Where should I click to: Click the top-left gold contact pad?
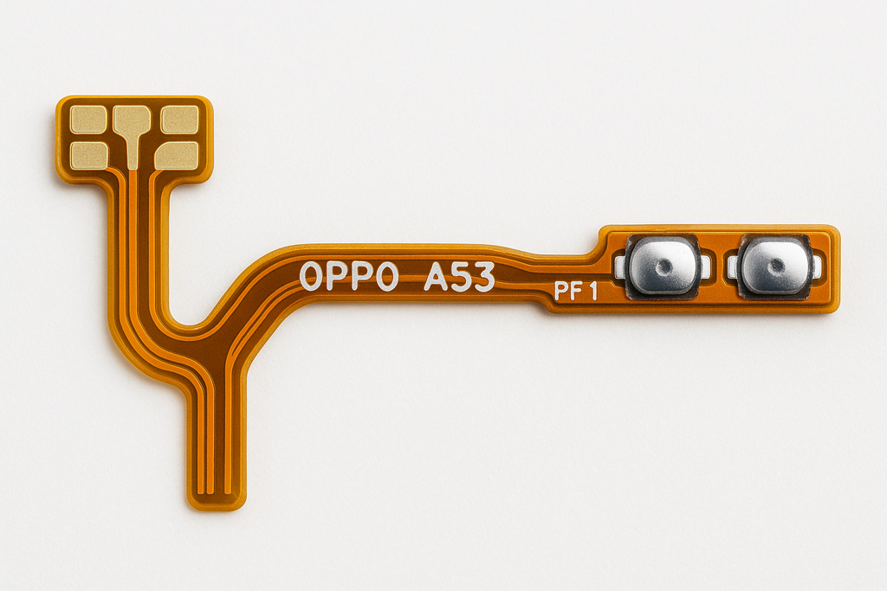click(x=88, y=119)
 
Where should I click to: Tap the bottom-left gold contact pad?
click(x=88, y=155)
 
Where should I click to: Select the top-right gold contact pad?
click(x=179, y=119)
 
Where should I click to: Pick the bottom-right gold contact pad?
click(x=177, y=155)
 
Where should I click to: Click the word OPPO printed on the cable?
click(x=349, y=276)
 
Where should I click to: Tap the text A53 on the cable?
click(x=459, y=277)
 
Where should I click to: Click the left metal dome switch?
click(x=663, y=266)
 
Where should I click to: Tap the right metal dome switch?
click(x=776, y=266)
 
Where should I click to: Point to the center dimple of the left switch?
click(x=664, y=266)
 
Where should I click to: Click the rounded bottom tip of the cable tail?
click(x=217, y=500)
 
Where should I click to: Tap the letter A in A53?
click(x=435, y=277)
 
